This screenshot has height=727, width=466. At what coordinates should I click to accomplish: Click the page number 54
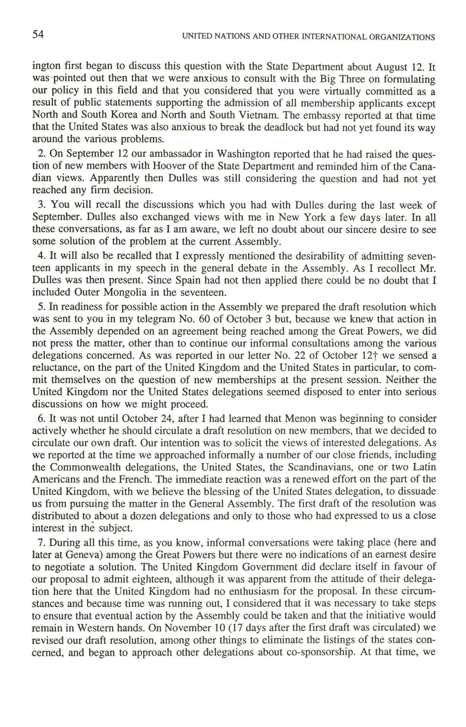38,35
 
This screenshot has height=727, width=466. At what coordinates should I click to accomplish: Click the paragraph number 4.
41,256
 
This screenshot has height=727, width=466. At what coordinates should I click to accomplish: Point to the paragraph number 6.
41,419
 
